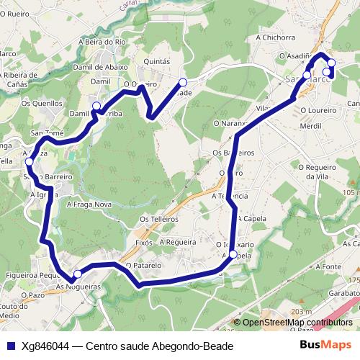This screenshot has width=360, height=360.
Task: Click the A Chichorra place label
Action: (275, 37)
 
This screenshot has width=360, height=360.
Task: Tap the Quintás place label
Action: (157, 62)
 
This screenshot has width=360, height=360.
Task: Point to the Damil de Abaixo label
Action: (101, 67)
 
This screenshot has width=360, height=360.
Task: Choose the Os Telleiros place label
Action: (159, 219)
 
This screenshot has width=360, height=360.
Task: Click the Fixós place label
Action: (145, 243)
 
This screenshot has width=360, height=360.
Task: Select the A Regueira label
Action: (178, 242)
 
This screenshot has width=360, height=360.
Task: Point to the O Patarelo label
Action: (143, 265)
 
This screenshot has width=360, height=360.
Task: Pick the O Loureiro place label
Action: (318, 110)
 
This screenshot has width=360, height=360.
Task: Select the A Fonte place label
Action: (328, 266)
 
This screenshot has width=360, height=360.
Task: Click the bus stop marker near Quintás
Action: (183, 82)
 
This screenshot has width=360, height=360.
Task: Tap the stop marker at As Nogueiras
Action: (78, 273)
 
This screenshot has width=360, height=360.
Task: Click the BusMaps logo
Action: (325, 346)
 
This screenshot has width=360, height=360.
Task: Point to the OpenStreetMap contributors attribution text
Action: (297, 323)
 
